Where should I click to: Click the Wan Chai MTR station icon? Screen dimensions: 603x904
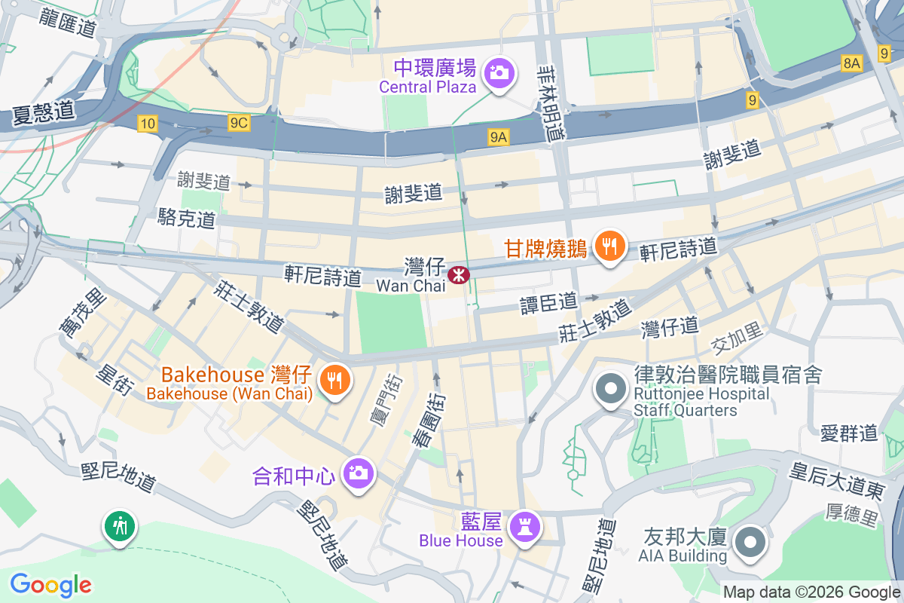(457, 275)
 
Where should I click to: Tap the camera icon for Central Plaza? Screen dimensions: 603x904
(498, 73)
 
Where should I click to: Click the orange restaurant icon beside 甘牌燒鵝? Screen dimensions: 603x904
(609, 246)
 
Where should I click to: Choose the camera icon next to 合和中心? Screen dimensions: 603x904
(357, 473)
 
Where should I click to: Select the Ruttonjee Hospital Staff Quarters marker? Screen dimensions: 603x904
(611, 390)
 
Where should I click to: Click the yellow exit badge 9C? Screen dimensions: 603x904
(239, 123)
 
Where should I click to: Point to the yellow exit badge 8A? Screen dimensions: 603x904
(851, 64)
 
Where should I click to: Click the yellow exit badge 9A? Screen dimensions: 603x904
(499, 136)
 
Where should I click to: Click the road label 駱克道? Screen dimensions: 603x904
(186, 219)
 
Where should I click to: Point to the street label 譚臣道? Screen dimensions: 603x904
(548, 303)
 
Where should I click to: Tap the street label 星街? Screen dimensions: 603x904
(115, 380)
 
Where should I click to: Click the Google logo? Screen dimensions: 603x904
(50, 584)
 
